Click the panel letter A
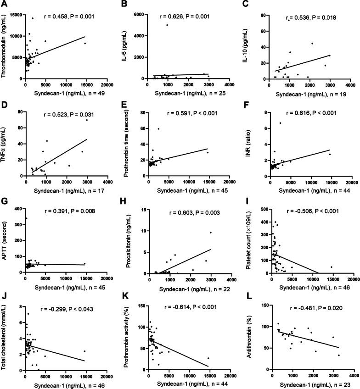click(4, 4)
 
